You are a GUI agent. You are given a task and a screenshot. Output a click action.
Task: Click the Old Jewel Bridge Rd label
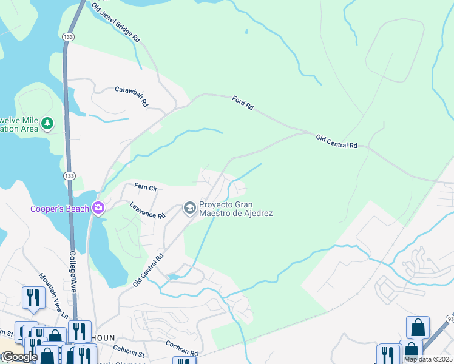tap(116, 22)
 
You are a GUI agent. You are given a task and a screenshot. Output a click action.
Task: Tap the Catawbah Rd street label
tap(131, 96)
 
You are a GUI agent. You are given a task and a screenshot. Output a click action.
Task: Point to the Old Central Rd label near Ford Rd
tap(337, 141)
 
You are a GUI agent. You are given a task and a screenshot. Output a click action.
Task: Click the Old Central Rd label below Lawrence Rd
tap(149, 270)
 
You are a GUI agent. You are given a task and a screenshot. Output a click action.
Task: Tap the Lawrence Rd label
tap(147, 211)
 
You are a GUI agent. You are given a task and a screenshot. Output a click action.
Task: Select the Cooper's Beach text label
tap(59, 210)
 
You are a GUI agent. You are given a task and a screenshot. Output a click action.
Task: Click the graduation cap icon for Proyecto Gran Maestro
tap(190, 209)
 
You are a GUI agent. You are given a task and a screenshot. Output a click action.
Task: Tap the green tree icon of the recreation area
tap(47, 124)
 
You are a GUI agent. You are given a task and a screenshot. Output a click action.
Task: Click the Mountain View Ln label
tap(53, 295)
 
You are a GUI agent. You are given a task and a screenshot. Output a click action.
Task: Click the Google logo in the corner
tap(19, 357)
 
